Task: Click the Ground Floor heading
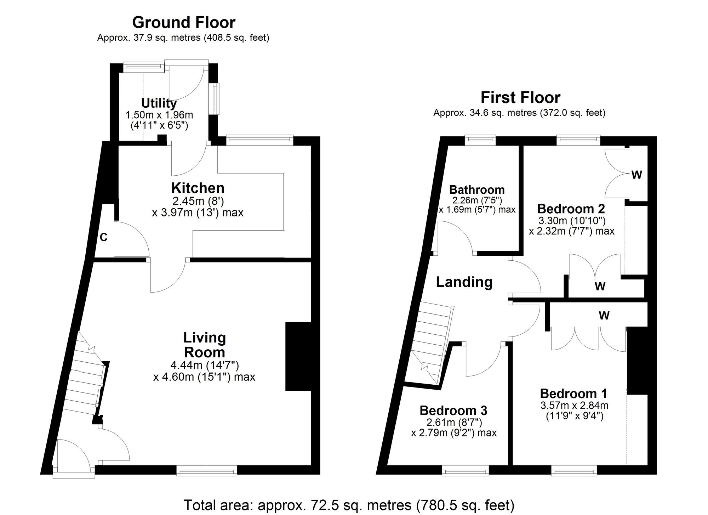183,23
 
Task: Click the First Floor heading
520,98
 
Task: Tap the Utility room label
159,103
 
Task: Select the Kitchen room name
198,188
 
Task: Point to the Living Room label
205,345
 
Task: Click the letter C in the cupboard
103,237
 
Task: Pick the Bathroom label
477,190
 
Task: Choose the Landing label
464,282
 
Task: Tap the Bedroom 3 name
453,411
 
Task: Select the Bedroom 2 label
571,209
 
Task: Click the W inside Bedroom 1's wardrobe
604,315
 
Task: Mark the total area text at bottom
349,505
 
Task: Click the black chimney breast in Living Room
298,356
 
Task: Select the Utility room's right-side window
215,98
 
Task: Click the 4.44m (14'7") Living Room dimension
205,365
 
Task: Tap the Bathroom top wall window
480,140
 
